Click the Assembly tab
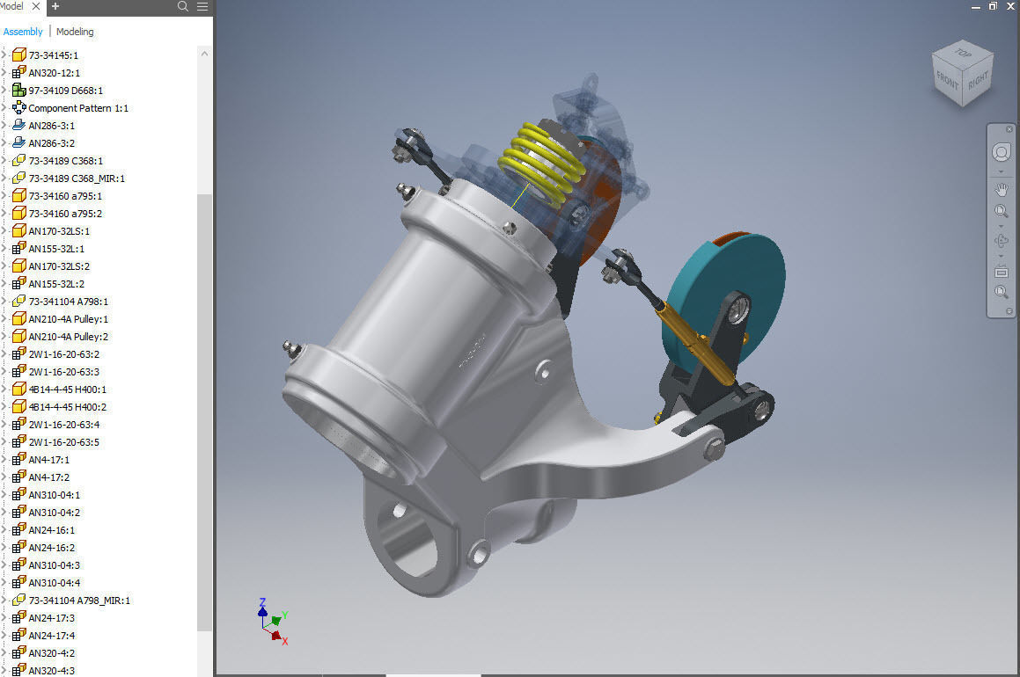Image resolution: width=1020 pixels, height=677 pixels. [x=23, y=32]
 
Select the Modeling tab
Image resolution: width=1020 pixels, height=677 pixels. [x=75, y=32]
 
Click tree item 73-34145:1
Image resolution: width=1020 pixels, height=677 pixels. [x=54, y=55]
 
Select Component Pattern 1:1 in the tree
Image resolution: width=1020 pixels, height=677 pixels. [x=78, y=108]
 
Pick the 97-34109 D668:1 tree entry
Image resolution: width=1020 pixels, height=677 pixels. [x=66, y=91]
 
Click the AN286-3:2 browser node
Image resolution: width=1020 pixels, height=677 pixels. [x=52, y=143]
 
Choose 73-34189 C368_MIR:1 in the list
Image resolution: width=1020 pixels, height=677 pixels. [x=77, y=178]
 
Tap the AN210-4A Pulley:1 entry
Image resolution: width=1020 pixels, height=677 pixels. [x=69, y=319]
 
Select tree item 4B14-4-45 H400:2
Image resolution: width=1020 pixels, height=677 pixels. [x=67, y=407]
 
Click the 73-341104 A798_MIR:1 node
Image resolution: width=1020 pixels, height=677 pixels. [x=79, y=601]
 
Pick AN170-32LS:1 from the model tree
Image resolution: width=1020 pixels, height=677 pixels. [x=59, y=231]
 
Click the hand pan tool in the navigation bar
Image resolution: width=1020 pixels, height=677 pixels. [x=1001, y=189]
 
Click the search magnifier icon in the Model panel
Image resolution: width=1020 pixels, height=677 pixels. [x=183, y=6]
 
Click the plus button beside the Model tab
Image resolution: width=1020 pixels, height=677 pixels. [x=55, y=6]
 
